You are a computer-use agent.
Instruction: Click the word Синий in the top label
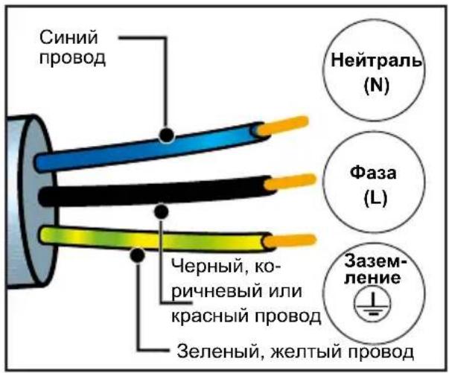click(x=69, y=37)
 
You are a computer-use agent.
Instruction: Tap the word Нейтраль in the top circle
click(x=376, y=60)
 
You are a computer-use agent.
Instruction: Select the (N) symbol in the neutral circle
click(x=377, y=86)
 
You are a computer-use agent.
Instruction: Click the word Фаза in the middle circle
click(x=373, y=173)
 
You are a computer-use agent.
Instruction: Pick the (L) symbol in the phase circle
click(x=375, y=197)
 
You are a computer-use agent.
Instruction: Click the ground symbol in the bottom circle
click(x=372, y=306)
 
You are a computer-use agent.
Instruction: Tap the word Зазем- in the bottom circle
click(x=375, y=261)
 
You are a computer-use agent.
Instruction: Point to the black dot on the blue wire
click(x=166, y=135)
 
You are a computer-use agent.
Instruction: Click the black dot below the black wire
click(x=162, y=211)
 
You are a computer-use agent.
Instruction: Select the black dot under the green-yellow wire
click(x=137, y=255)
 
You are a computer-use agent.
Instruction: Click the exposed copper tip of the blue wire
click(x=282, y=126)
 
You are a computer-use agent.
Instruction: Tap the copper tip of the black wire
click(x=290, y=182)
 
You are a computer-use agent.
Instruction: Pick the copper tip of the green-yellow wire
click(x=290, y=240)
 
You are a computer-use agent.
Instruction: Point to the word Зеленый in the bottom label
click(x=218, y=351)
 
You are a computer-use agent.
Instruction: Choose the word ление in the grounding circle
click(x=372, y=278)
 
